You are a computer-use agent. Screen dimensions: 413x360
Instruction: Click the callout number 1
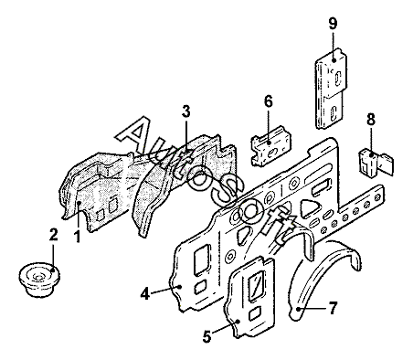(x=78, y=237)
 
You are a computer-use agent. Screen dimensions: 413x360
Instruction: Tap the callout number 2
(x=53, y=235)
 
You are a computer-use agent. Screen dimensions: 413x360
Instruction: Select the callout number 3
(x=186, y=111)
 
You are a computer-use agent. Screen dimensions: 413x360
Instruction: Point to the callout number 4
(x=145, y=294)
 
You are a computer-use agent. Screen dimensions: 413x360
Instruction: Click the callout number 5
(x=206, y=336)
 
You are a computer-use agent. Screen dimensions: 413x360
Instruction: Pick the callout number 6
(x=269, y=101)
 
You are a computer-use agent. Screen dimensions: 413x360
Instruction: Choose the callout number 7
(x=333, y=308)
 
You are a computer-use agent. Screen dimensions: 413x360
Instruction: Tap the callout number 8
(x=371, y=120)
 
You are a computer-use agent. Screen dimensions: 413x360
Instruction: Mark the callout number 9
(x=333, y=24)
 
